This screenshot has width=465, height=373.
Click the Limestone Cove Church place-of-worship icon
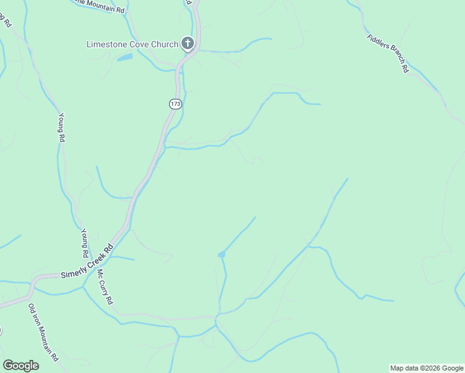coord(188,44)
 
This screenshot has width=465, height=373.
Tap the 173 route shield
coord(175,104)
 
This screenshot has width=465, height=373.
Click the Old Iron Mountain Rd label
coord(44,333)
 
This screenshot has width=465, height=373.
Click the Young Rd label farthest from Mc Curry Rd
coord(60,127)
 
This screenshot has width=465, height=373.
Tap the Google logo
coord(21,366)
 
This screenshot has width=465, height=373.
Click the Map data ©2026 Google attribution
coord(426,368)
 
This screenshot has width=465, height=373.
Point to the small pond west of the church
coord(125,58)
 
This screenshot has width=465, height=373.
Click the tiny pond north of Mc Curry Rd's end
coord(221,254)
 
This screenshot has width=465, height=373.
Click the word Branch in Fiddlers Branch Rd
coord(392,57)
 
